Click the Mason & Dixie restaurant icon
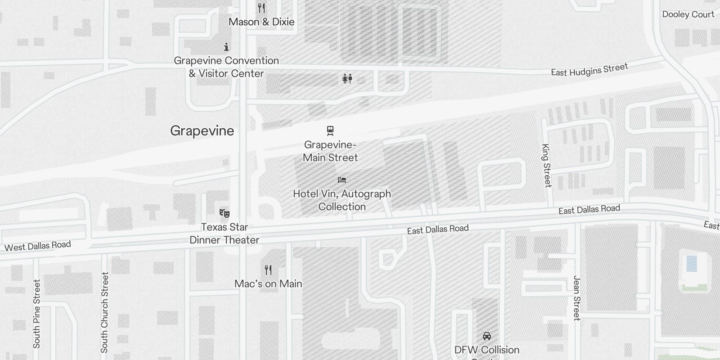(x=261, y=8)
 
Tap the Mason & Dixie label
(x=261, y=22)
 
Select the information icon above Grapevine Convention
(x=226, y=47)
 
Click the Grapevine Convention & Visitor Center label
(x=226, y=67)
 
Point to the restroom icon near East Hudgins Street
(x=347, y=79)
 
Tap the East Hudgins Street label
(x=589, y=70)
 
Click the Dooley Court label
(x=688, y=14)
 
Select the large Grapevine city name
(x=202, y=131)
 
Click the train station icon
(x=331, y=131)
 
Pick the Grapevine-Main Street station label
(x=330, y=151)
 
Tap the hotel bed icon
(x=342, y=180)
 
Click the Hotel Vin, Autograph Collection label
(x=342, y=200)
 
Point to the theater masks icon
(x=224, y=213)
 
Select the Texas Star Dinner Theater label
(x=224, y=233)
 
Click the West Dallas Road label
(x=38, y=246)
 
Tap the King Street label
(x=547, y=165)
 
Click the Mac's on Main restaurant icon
(x=268, y=270)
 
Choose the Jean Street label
(x=577, y=298)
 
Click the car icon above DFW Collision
(x=486, y=336)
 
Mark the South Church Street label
(x=104, y=312)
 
